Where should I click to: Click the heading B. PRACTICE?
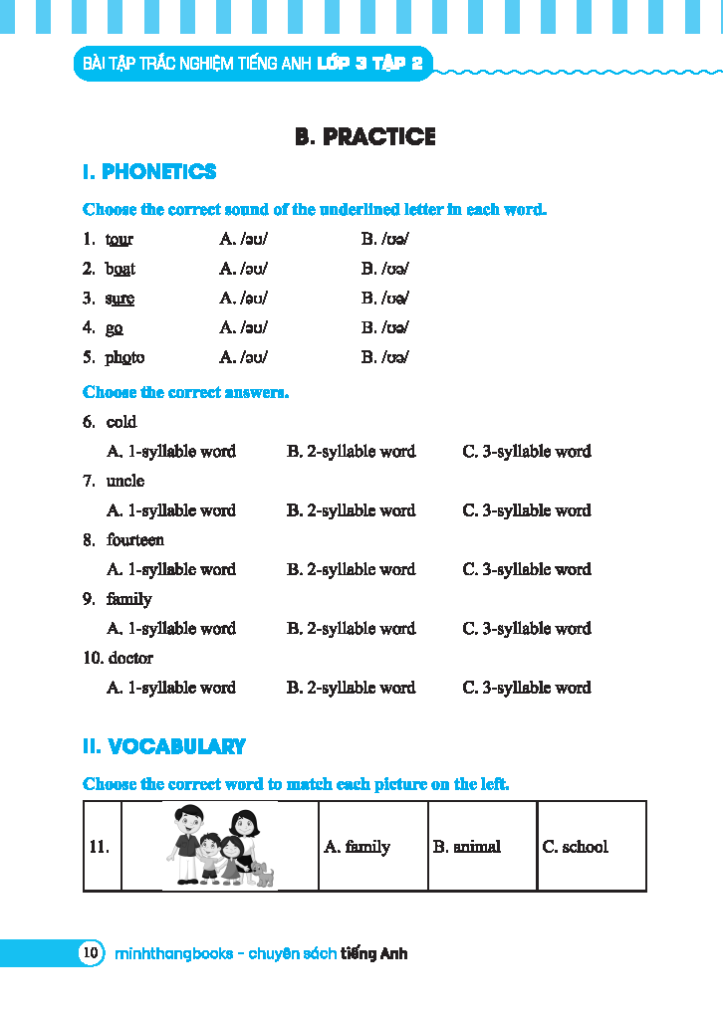click(x=364, y=137)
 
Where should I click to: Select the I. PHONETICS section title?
click(x=149, y=172)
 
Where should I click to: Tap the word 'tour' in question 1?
click(x=120, y=240)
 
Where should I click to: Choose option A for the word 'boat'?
click(x=244, y=269)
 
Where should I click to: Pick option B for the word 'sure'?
click(x=385, y=299)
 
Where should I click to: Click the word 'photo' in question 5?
click(x=124, y=357)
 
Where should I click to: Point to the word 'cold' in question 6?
click(x=121, y=422)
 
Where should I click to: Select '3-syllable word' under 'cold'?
click(x=527, y=452)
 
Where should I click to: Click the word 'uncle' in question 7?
click(x=125, y=481)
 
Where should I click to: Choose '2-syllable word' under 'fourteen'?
click(x=351, y=569)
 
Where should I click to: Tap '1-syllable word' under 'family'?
click(x=171, y=629)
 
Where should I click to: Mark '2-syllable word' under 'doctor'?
click(x=351, y=688)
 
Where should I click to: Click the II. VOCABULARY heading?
click(x=164, y=746)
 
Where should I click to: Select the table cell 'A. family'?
click(x=358, y=847)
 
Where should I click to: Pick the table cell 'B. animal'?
click(x=467, y=847)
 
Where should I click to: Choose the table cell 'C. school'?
click(x=575, y=847)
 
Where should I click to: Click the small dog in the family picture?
click(x=263, y=875)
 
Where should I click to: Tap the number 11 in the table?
click(x=99, y=847)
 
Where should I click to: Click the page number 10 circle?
click(x=91, y=953)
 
